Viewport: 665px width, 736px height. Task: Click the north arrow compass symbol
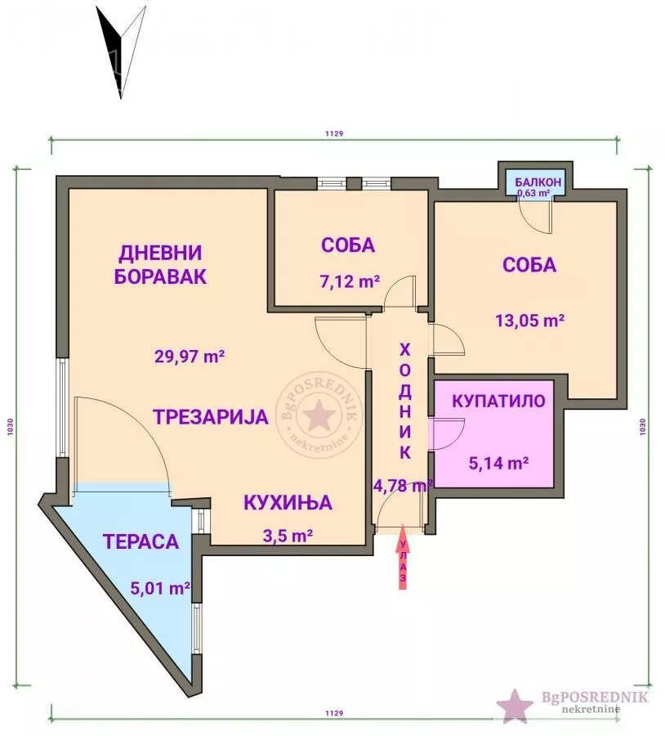[x=121, y=52]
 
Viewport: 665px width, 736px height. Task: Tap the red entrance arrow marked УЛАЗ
[x=403, y=557]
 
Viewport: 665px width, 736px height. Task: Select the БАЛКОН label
[x=538, y=182]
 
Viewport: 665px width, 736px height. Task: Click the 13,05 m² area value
[x=530, y=321]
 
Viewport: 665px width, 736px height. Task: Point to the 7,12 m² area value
[x=350, y=281]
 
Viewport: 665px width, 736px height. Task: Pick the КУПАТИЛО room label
[x=498, y=402]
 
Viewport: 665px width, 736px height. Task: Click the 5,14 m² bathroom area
[x=499, y=464]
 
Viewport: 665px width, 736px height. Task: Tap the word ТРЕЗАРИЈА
[x=211, y=417]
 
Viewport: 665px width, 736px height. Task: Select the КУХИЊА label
[x=288, y=503]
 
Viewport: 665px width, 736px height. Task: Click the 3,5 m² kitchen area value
[x=288, y=535]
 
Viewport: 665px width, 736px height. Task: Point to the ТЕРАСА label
[x=141, y=541]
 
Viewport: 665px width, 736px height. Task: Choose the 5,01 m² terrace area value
[x=160, y=588]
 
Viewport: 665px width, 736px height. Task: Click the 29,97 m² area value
[x=190, y=357]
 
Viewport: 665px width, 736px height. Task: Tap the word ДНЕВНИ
[x=160, y=253]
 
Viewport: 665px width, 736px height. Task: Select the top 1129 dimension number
[x=334, y=134]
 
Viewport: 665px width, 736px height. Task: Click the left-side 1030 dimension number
[x=11, y=427]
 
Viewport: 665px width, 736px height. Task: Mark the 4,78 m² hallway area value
[x=403, y=485]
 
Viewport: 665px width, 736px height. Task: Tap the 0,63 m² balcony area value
[x=533, y=193]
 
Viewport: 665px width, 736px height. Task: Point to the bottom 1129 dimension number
[x=334, y=713]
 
